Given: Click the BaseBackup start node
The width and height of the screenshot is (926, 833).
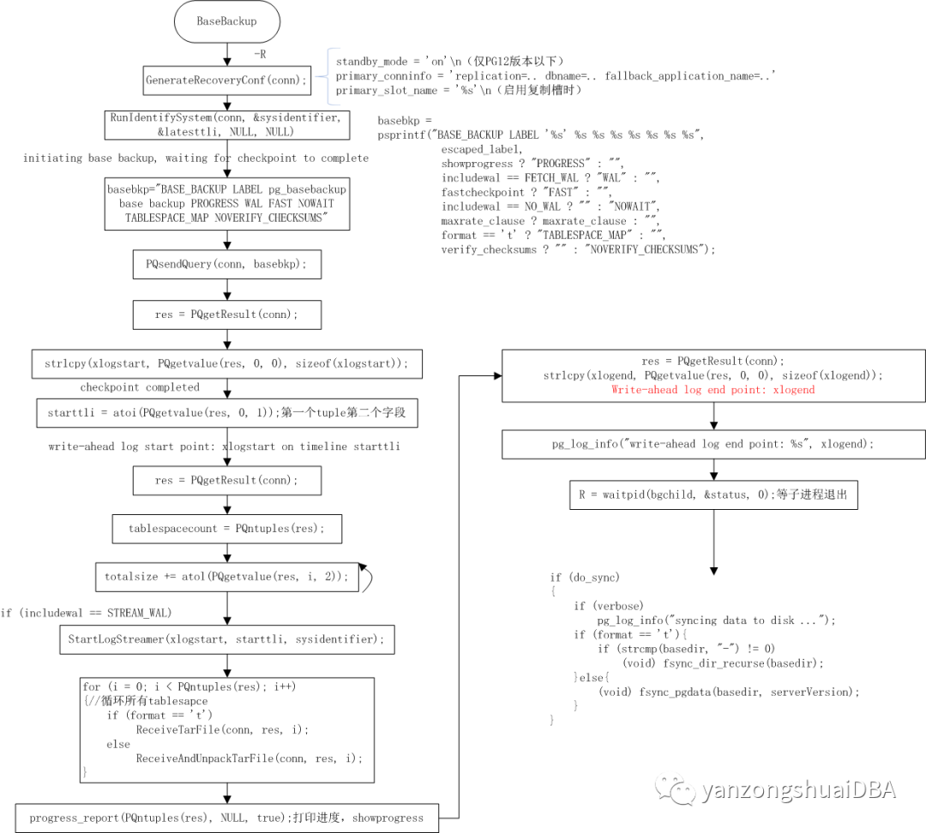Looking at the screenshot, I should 226,21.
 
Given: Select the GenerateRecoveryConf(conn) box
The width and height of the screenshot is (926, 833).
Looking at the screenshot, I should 226,81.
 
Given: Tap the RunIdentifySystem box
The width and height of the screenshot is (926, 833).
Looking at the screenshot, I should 226,125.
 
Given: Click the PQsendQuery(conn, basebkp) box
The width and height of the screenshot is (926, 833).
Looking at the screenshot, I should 226,264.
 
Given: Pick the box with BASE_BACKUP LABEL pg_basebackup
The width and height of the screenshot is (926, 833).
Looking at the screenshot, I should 226,204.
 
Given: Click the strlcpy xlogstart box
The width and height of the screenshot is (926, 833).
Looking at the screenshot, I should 226,363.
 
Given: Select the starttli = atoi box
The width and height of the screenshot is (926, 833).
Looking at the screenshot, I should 226,413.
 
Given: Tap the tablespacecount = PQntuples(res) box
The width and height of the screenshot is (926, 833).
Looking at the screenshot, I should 226,528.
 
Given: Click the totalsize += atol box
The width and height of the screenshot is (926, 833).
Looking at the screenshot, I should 226,577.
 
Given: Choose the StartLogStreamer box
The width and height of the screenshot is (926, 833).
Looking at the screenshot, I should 226,638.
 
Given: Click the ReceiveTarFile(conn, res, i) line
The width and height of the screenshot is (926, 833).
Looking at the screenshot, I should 221,729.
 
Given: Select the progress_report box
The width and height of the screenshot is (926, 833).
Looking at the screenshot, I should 226,818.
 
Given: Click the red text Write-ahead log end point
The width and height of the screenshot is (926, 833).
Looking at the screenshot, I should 713,389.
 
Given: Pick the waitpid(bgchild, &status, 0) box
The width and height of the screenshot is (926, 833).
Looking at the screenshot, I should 713,494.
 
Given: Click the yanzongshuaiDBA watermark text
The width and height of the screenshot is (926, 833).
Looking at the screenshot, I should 797,789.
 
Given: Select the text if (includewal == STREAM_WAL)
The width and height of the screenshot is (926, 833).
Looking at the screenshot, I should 86,612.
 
